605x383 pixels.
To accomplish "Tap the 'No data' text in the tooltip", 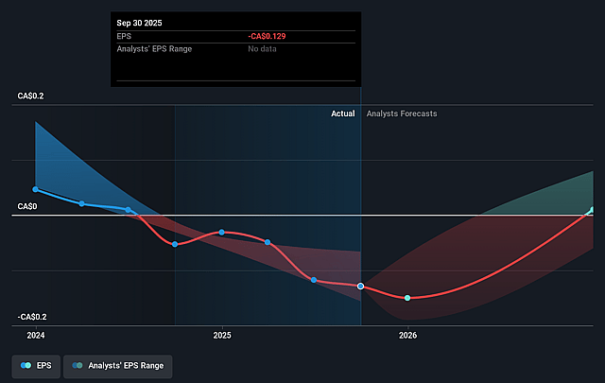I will pos(264,48).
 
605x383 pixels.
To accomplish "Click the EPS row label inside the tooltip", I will pos(123,35).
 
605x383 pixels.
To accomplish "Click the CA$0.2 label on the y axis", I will pos(30,96).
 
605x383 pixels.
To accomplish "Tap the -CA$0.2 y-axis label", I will pos(32,317).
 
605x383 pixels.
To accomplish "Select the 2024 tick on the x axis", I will pos(36,335).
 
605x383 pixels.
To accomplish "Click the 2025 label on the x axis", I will pos(222,335).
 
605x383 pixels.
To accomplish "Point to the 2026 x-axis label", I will pos(407,335).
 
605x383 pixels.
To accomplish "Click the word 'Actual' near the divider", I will pos(343,113).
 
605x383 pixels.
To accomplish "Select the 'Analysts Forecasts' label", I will pos(402,113).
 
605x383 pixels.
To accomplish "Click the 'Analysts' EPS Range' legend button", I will pos(118,365).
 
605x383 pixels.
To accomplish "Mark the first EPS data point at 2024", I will pos(36,189).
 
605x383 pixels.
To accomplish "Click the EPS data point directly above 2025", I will pos(222,232).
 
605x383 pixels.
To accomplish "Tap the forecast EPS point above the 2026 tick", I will pos(407,298).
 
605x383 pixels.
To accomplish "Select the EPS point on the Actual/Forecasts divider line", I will pos(361,286).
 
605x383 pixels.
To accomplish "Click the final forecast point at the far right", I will pos(593,210).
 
